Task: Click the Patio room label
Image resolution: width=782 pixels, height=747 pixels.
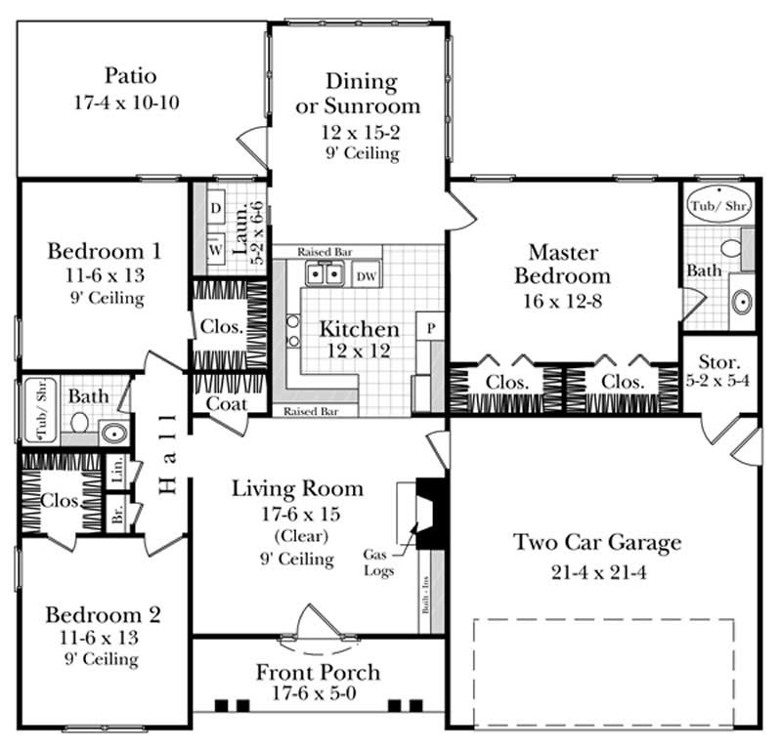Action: [130, 76]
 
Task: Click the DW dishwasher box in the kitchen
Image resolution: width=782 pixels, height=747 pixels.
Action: [366, 276]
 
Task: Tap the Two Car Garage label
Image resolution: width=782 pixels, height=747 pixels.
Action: [597, 543]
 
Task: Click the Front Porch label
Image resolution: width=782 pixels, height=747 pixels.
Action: [318, 673]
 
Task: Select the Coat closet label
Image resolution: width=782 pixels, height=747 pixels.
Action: [225, 403]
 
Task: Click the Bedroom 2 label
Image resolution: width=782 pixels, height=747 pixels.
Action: [104, 615]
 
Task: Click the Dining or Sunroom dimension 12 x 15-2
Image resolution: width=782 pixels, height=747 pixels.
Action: [359, 130]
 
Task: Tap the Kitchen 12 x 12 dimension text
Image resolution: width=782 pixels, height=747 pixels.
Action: [359, 351]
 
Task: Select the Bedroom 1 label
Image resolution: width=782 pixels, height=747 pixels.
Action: [104, 252]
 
